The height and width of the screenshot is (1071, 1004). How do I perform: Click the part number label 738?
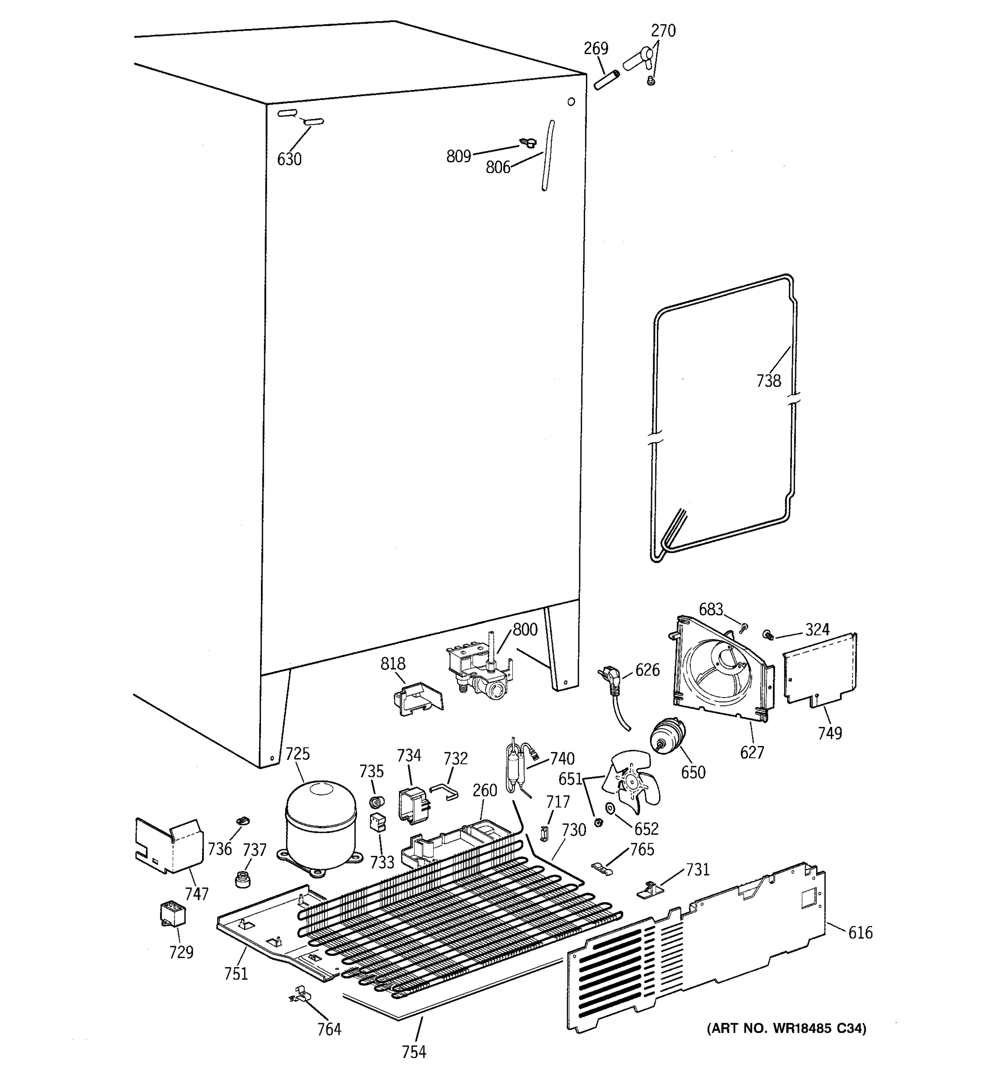[x=768, y=381]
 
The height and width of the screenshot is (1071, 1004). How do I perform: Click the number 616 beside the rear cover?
[x=860, y=932]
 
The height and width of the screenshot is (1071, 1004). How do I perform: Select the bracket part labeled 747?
[x=168, y=846]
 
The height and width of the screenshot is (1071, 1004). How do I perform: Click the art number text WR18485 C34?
[x=786, y=1029]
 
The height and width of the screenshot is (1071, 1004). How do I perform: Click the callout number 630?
[x=289, y=159]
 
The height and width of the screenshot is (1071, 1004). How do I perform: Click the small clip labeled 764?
[x=300, y=995]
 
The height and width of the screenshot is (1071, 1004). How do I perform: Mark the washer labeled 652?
[x=611, y=809]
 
